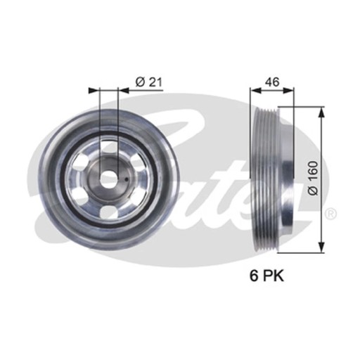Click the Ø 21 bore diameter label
tap(149, 82)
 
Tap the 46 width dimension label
tap(272, 82)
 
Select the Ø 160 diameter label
tap(313, 178)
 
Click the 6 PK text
tap(266, 276)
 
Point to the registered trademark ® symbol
tap(331, 214)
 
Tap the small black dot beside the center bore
tap(127, 180)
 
